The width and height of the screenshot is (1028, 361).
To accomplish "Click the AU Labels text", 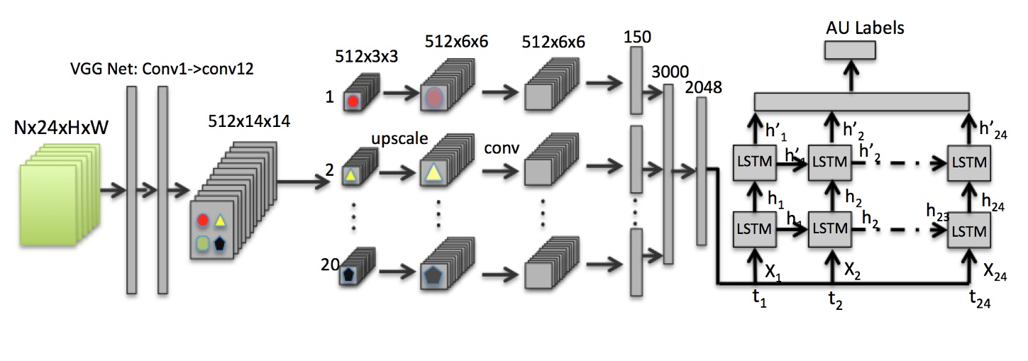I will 865,28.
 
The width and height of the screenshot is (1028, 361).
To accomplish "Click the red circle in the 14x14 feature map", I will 203,221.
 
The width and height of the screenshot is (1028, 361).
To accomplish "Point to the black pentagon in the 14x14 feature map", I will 221,243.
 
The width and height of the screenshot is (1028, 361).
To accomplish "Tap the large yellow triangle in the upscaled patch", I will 433,171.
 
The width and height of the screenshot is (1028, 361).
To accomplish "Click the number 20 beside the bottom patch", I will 330,265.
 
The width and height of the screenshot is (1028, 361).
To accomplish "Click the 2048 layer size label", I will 704,88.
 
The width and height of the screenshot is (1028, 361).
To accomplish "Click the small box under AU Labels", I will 850,50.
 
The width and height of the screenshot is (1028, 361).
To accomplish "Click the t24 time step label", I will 980,301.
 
